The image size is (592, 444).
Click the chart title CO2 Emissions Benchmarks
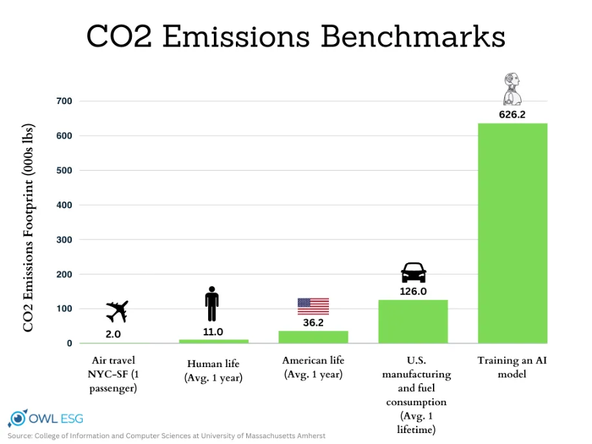295,37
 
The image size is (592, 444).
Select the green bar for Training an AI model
512,233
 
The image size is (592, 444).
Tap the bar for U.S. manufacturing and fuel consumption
412,321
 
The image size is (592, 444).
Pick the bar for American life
313,337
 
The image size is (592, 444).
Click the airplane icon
117,312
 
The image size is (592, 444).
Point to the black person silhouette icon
212,304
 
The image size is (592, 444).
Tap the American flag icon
313,306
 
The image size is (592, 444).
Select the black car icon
413,273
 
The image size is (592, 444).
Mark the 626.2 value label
512,114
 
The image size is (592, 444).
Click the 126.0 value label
412,291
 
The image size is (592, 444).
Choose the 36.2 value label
313,322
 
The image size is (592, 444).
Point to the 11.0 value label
213,332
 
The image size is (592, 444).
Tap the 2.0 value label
113,335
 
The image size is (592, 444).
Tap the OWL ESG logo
46,418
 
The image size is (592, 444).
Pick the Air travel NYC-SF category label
113,374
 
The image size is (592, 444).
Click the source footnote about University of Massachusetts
167,436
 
